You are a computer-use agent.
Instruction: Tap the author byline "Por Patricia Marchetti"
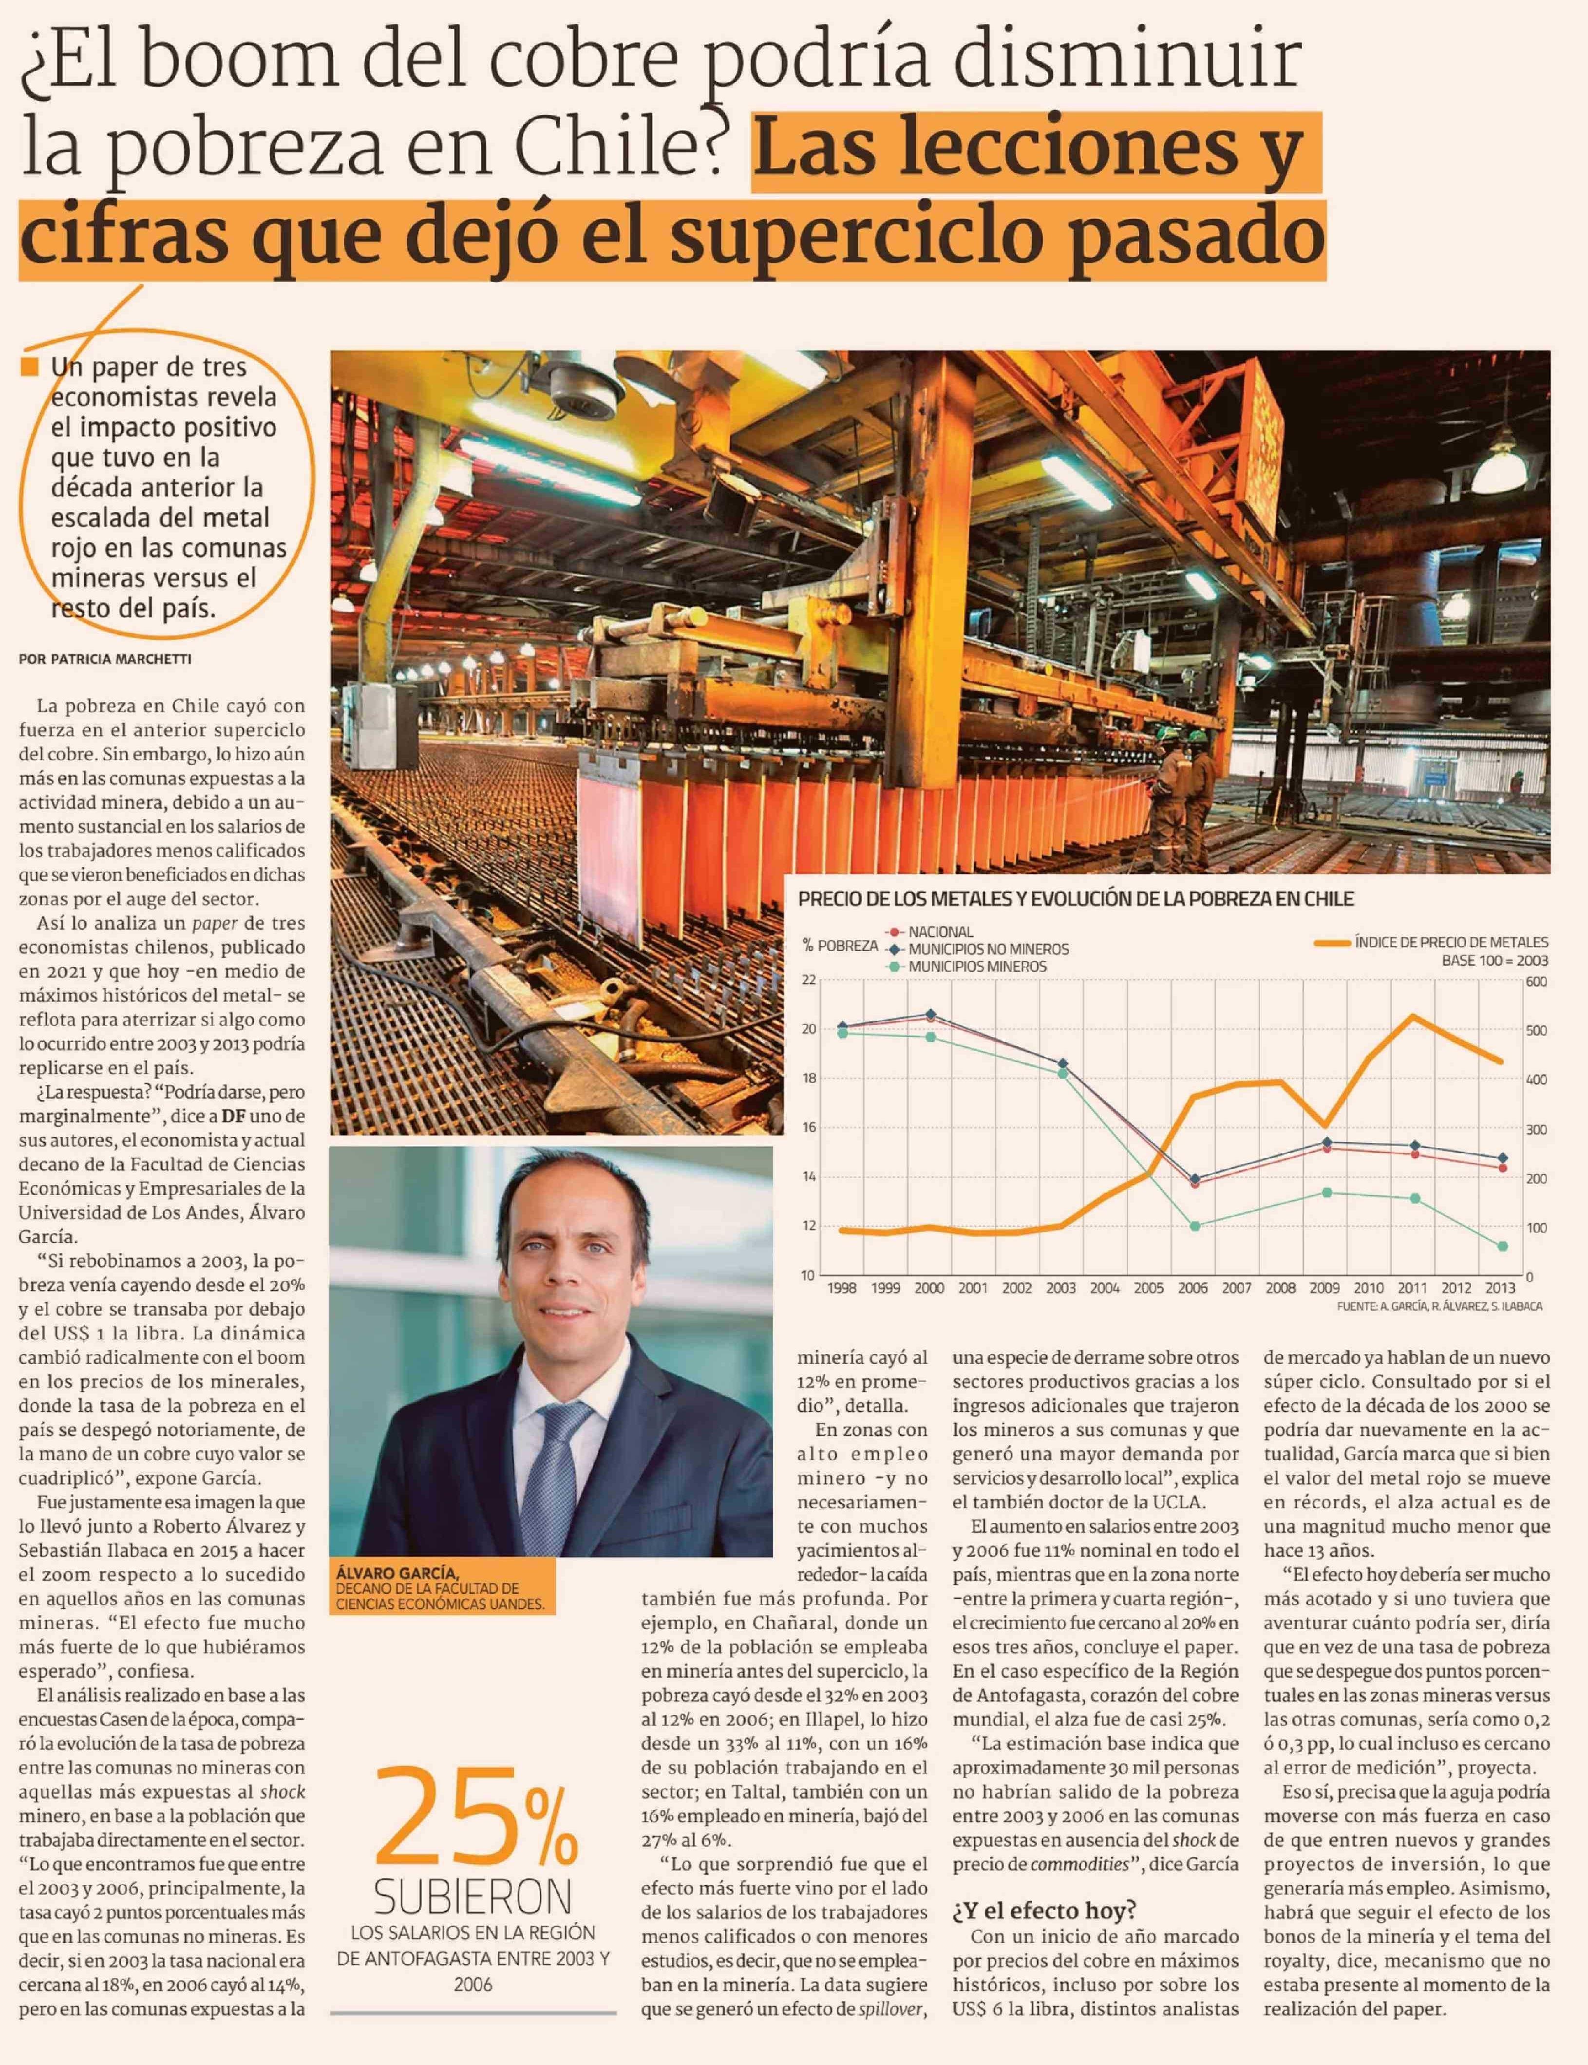[x=105, y=659]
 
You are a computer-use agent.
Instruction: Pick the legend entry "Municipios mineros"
[x=977, y=967]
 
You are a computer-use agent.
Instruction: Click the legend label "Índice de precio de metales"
[x=1451, y=942]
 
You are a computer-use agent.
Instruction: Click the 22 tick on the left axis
[x=808, y=980]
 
